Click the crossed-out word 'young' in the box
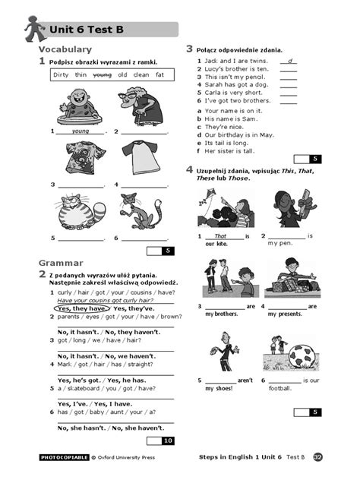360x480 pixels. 102,75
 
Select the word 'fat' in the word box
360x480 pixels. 159,75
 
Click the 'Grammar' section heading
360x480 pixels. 60,264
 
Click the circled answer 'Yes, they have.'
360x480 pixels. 81,309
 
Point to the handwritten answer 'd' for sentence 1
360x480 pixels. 290,60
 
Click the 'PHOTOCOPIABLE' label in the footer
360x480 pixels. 64,458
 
